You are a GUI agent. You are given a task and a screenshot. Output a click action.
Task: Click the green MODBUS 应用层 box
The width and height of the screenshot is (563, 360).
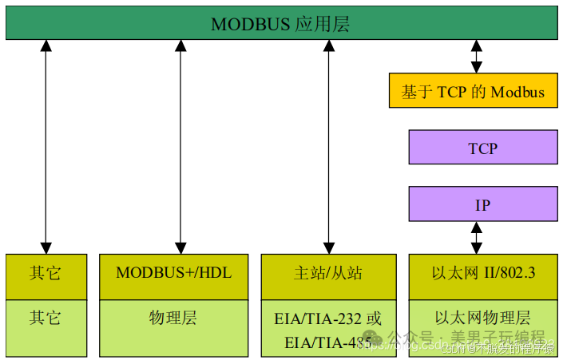pos(281,23)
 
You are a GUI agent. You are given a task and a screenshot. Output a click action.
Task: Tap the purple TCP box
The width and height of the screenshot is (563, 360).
pos(482,148)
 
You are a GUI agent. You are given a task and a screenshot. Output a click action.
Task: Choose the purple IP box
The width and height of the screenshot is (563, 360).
pos(482,204)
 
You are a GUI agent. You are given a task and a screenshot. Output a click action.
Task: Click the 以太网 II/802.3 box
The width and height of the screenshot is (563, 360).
pos(482,273)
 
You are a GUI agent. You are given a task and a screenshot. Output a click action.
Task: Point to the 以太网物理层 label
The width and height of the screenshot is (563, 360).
pos(482,317)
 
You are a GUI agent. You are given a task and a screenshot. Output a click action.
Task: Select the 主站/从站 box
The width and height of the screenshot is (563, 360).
pos(327,273)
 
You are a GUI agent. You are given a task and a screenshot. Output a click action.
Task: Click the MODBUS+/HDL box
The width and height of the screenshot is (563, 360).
pos(173,273)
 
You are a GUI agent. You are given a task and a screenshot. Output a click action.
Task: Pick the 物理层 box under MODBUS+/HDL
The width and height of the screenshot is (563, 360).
pos(173,318)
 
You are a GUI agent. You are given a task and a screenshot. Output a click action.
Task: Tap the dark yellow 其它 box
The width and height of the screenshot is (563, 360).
pos(46,273)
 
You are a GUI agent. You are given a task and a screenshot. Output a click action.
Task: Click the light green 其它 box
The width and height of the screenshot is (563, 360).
pos(46,318)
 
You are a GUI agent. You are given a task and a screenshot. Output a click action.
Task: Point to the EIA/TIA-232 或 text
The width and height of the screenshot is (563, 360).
pos(327,318)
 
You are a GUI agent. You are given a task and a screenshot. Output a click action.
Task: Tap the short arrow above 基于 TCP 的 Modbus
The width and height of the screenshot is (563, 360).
pos(477,57)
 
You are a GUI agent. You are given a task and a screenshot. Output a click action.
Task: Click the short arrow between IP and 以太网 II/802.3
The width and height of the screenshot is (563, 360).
pos(477,238)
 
